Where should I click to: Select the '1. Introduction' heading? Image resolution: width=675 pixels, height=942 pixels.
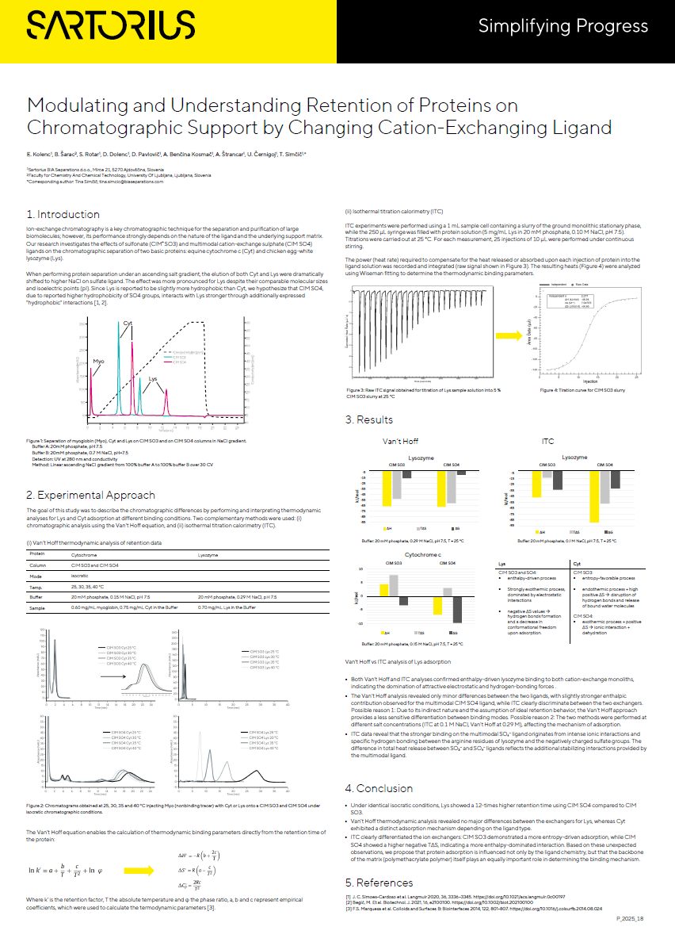coord(63,214)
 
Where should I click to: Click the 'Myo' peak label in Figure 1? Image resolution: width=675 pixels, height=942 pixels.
coord(98,361)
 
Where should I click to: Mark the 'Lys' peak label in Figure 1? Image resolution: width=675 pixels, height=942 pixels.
coord(152,380)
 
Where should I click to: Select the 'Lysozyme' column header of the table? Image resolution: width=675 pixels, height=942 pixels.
coord(208,555)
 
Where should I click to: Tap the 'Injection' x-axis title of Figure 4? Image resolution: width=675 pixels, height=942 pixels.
coord(590,381)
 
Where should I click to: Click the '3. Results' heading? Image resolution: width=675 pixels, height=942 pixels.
coord(368,419)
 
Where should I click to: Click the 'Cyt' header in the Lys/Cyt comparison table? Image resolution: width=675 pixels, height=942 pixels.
coord(576,563)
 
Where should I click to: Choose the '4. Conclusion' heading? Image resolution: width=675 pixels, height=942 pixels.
coord(379,788)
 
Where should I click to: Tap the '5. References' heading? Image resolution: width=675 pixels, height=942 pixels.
coord(379,882)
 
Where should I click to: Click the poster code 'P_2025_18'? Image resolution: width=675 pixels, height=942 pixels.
coord(629,917)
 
